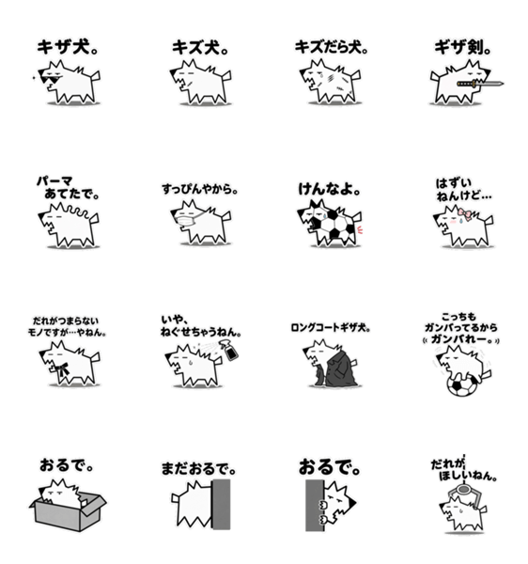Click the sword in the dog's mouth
[x=480, y=85]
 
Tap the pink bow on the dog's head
[x=465, y=214]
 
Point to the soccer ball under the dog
[x=462, y=385]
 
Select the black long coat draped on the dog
[x=336, y=369]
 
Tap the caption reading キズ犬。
[x=200, y=48]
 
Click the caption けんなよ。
[x=329, y=189]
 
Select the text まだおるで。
[x=198, y=469]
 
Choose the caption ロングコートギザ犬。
[x=331, y=328]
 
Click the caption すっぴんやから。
[x=199, y=189]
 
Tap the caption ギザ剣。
[x=462, y=48]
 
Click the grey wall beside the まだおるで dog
[x=222, y=504]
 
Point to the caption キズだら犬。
[x=332, y=48]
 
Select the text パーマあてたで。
[x=68, y=188]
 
